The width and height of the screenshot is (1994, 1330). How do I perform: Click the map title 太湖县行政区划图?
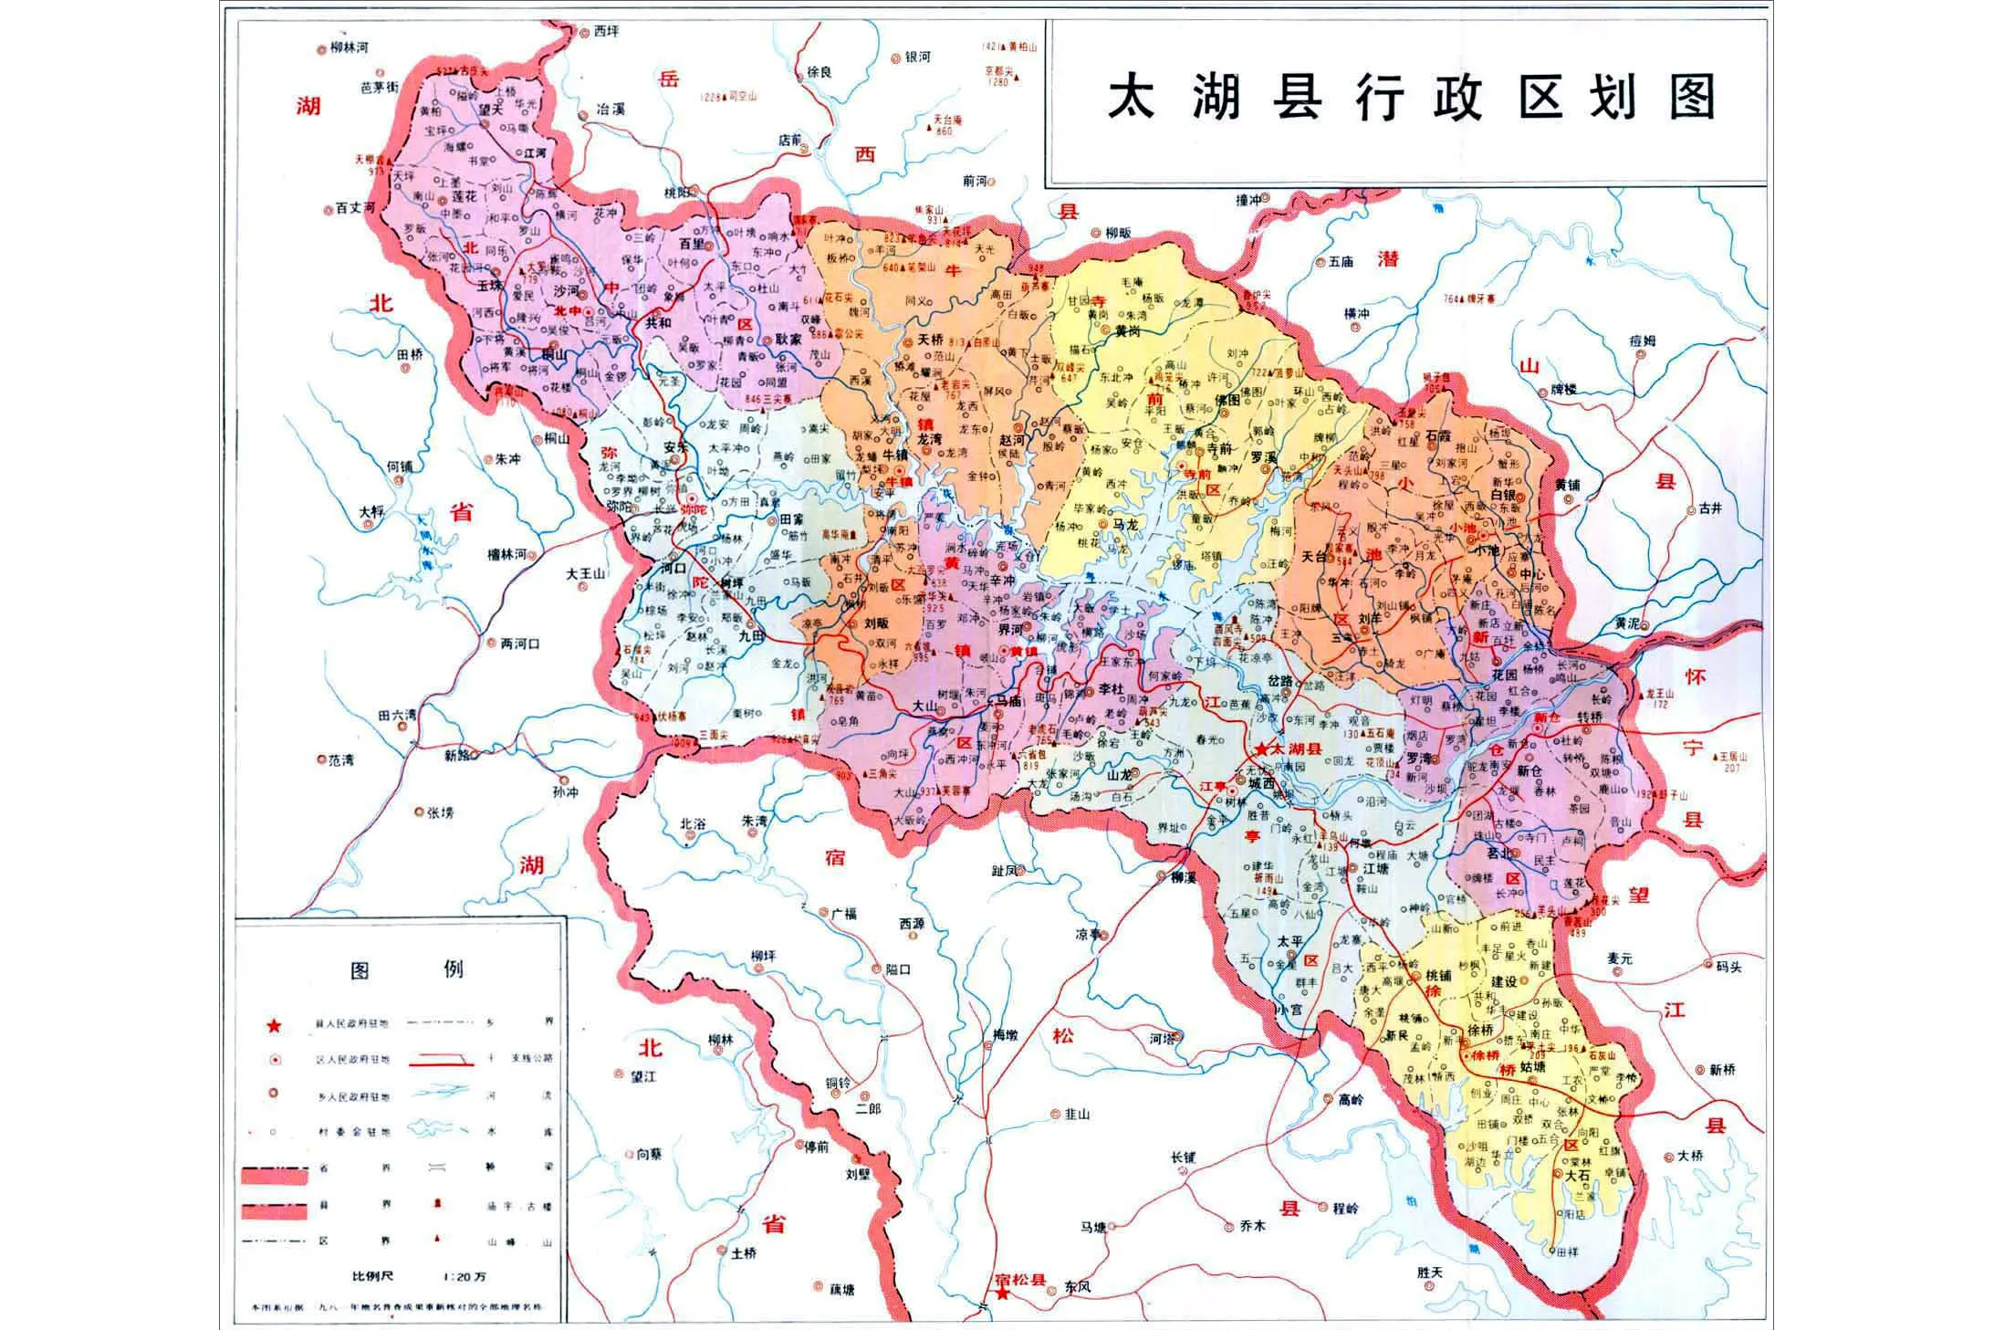coord(1411,97)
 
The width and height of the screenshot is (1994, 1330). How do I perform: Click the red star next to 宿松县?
coord(1002,1294)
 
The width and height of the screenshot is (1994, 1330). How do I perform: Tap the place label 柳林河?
coord(350,47)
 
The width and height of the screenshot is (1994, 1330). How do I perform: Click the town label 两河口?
coord(520,644)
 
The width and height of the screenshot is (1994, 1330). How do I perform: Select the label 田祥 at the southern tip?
coord(1566,1252)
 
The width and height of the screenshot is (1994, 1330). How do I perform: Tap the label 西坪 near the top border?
coord(606,30)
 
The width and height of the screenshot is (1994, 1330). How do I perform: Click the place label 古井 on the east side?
coord(1710,508)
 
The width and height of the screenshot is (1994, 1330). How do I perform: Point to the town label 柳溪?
coord(1184,876)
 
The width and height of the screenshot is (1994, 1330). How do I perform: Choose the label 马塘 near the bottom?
coord(1093,1228)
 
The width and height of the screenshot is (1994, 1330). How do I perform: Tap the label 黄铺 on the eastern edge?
coord(1567,485)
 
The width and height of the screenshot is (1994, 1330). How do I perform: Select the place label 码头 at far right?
coord(1728,966)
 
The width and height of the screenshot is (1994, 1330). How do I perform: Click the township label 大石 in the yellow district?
coord(1578,1175)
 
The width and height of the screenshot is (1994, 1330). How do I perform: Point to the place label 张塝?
coord(441,812)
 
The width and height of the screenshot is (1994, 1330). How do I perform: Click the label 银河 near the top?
coord(917,58)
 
